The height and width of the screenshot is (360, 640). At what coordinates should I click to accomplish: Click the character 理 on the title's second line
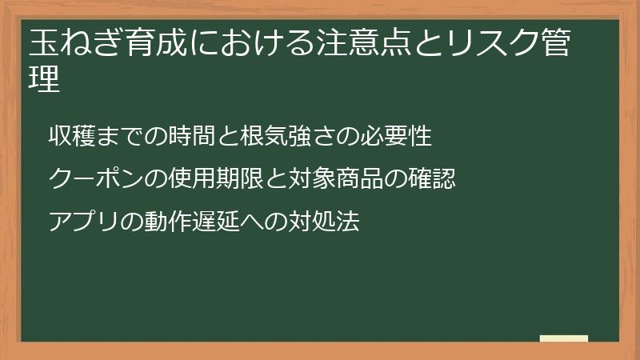point(45,79)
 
